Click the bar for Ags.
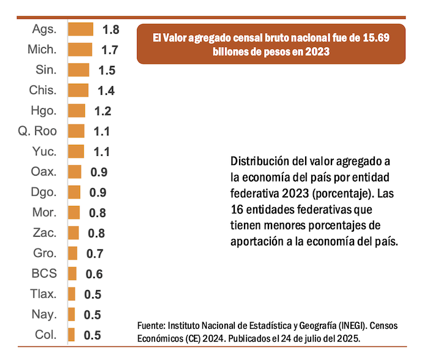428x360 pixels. click(x=80, y=29)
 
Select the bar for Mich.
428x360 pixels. click(x=79, y=50)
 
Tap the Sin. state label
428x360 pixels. click(x=46, y=70)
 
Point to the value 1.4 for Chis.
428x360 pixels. click(x=106, y=90)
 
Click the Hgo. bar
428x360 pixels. click(x=76, y=111)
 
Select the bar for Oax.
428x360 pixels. click(x=75, y=172)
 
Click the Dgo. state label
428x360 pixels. click(x=43, y=192)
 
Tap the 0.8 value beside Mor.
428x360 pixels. click(x=97, y=213)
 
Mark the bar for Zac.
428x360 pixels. click(x=73, y=233)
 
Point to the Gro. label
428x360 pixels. click(x=44, y=253)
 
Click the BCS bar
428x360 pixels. click(x=72, y=274)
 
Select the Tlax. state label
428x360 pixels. click(x=43, y=294)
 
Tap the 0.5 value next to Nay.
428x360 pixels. click(x=93, y=315)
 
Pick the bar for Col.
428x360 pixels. click(x=72, y=335)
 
